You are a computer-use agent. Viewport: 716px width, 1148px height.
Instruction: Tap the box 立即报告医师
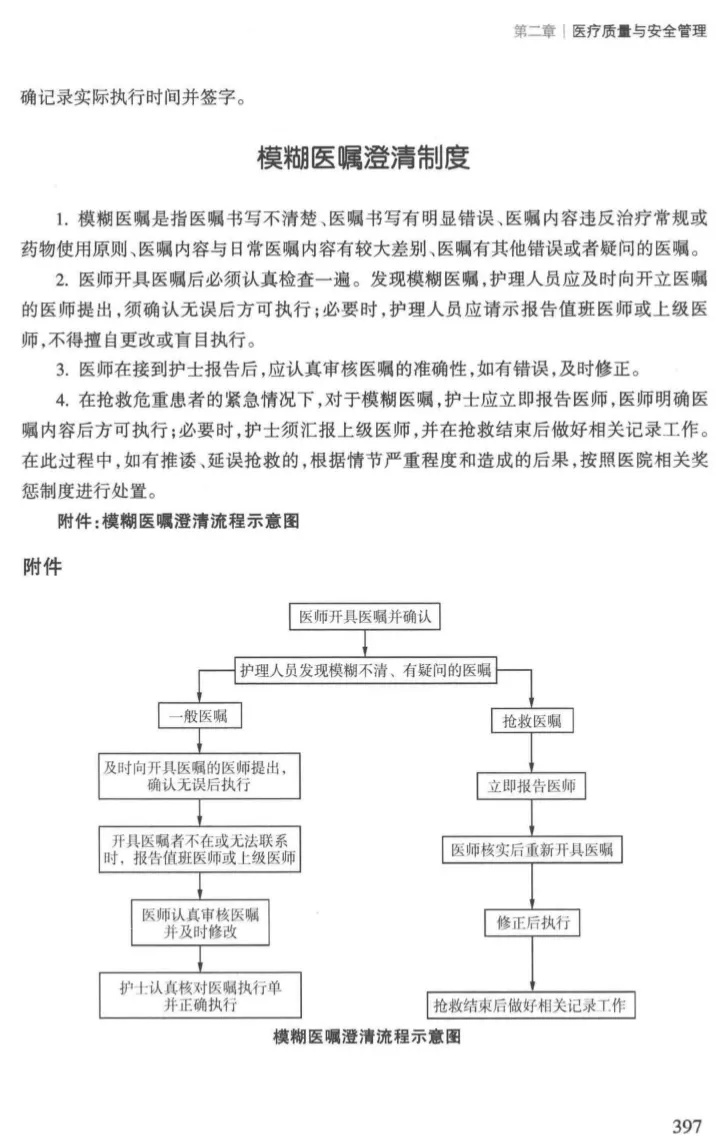click(x=531, y=786)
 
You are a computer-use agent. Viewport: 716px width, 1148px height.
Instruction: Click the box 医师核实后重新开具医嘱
click(x=531, y=851)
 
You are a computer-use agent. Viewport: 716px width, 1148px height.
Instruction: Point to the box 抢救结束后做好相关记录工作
click(x=531, y=1004)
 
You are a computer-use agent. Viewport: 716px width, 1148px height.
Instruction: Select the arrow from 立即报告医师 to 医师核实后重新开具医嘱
click(x=531, y=818)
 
